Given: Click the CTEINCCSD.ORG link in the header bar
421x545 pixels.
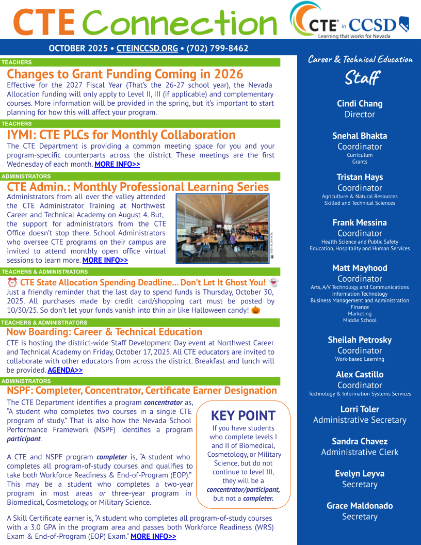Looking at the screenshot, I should pyautogui.click(x=147, y=49).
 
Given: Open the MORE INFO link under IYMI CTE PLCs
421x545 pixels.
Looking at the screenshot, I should pyautogui.click(x=117, y=165).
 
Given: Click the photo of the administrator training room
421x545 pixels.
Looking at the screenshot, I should pyautogui.click(x=222, y=228).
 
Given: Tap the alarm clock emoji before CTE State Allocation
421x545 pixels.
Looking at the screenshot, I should pyautogui.click(x=12, y=282).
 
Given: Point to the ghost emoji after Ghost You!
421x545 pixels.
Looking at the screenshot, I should pyautogui.click(x=273, y=282).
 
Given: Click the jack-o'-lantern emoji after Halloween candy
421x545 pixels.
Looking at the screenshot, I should pyautogui.click(x=255, y=310).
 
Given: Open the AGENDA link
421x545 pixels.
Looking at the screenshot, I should pyautogui.click(x=65, y=370).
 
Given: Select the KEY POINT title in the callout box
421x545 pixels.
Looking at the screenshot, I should pyautogui.click(x=243, y=415).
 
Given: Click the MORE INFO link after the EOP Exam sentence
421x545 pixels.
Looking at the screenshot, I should pyautogui.click(x=153, y=537).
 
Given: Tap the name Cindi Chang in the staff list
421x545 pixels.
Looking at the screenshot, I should pyautogui.click(x=360, y=104).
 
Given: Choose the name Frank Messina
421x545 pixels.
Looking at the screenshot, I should pyautogui.click(x=360, y=222).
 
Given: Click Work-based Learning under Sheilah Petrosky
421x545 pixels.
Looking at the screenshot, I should pyautogui.click(x=360, y=359).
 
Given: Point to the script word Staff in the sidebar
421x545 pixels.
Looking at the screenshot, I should pyautogui.click(x=361, y=78).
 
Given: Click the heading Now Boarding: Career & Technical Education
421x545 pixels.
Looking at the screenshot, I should pyautogui.click(x=104, y=332).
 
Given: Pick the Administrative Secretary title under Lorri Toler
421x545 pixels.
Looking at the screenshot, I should pyautogui.click(x=360, y=420).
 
